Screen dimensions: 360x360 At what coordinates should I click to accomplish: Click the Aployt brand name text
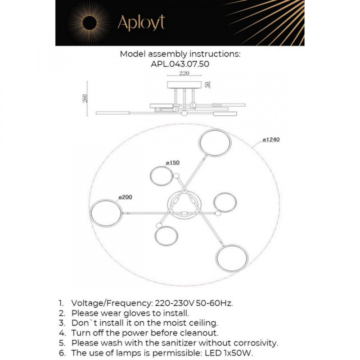(x=141, y=22)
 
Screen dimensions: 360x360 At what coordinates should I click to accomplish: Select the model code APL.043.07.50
(x=180, y=64)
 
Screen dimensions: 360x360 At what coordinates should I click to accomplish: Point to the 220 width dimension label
(x=184, y=73)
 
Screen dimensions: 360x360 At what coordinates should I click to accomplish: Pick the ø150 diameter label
(x=173, y=162)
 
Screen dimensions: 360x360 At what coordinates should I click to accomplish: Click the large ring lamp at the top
(x=215, y=143)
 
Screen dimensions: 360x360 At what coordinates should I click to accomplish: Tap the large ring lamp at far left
(x=106, y=213)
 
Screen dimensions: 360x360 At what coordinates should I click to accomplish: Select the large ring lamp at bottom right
(x=232, y=258)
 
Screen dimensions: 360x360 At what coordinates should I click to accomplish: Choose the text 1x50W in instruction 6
(x=244, y=353)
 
